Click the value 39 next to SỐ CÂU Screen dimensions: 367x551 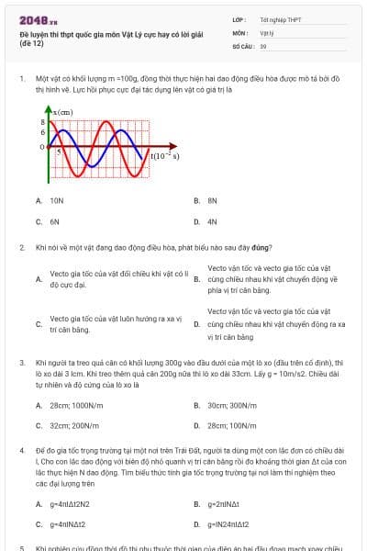tap(263, 45)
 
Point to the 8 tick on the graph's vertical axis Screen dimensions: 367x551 tap(42, 120)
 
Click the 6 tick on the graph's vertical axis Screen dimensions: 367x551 tap(42, 131)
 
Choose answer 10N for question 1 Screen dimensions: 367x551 tap(57, 199)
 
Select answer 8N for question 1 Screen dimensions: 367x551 tap(212, 199)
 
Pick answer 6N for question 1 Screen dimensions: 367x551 tap(55, 221)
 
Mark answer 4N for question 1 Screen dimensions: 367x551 tap(212, 221)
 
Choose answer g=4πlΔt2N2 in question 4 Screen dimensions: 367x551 tap(71, 503)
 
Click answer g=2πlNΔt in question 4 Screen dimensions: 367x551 tap(224, 503)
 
